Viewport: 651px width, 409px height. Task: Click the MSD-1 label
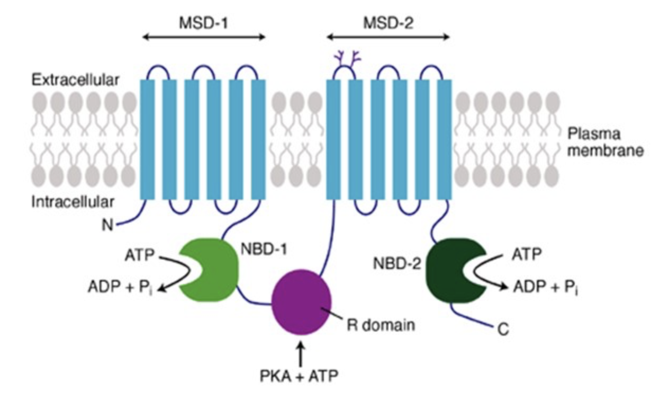[204, 23]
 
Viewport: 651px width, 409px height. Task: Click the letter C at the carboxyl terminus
[503, 330]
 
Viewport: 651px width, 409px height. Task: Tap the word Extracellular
[76, 80]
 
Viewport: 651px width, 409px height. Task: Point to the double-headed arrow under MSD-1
[204, 37]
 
